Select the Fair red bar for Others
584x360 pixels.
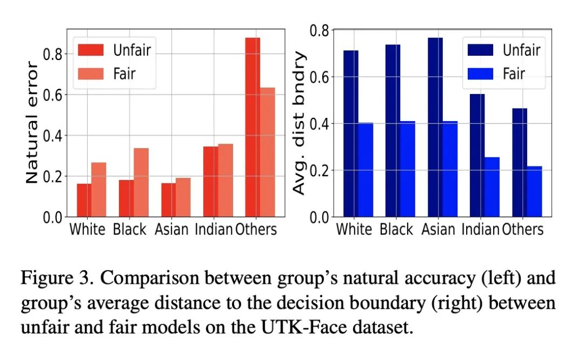[268, 152]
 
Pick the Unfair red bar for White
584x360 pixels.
[84, 200]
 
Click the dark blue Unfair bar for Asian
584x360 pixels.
[435, 127]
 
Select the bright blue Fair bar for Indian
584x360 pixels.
[492, 187]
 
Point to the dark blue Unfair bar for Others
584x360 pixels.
[519, 162]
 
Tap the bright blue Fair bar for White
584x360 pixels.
[366, 170]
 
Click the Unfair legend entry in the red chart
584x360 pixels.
[114, 50]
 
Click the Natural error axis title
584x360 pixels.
[32, 123]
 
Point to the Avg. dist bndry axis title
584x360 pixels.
[299, 123]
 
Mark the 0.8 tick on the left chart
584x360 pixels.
[54, 54]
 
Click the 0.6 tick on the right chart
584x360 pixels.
[320, 76]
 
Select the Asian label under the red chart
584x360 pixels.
[171, 229]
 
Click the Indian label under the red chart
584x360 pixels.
[214, 229]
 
